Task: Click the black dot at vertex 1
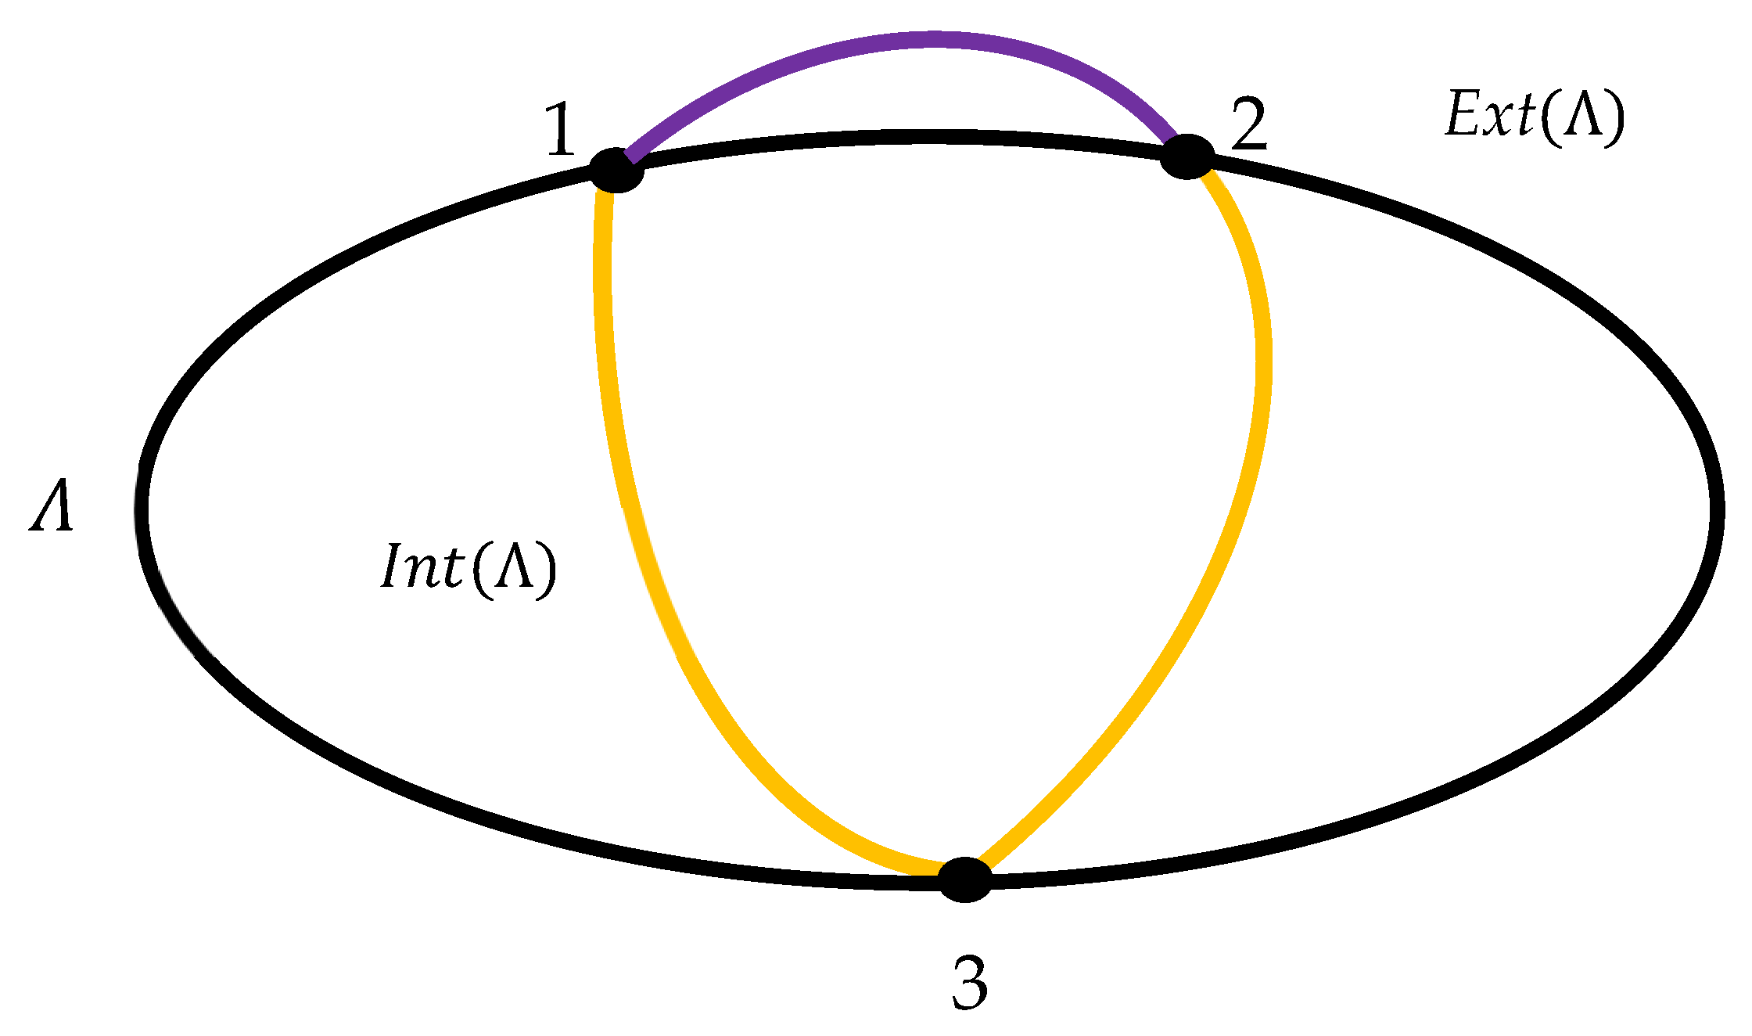click(x=616, y=170)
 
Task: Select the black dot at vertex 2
click(x=1187, y=156)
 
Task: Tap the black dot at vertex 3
click(x=964, y=880)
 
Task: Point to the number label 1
click(x=560, y=130)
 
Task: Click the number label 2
click(x=1248, y=125)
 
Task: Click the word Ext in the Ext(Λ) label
click(x=1489, y=116)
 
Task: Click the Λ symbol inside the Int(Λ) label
click(x=515, y=567)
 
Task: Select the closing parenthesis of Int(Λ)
click(x=547, y=570)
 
